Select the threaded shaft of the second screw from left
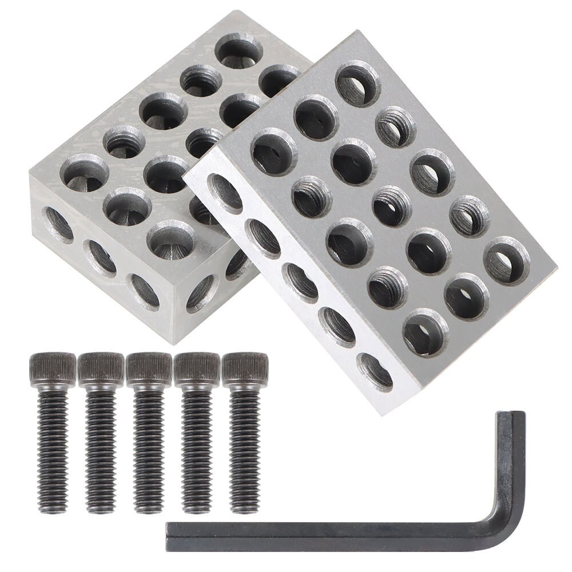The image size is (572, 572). pyautogui.click(x=101, y=446)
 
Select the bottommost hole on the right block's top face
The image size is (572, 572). pyautogui.click(x=425, y=332)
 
